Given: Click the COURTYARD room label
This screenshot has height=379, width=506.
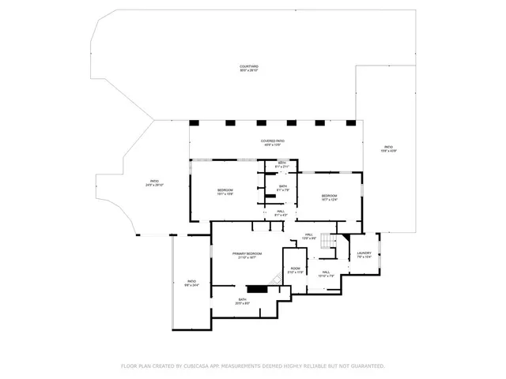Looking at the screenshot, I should click(x=250, y=69).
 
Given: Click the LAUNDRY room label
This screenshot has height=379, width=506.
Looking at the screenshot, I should click(x=364, y=254).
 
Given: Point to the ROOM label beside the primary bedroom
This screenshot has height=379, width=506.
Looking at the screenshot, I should click(x=295, y=270).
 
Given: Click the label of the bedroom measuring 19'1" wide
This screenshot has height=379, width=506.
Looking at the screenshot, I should click(x=225, y=192).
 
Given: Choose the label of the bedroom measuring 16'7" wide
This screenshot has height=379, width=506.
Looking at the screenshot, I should click(x=329, y=197).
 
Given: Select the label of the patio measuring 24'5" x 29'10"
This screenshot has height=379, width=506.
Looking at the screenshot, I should click(x=154, y=183).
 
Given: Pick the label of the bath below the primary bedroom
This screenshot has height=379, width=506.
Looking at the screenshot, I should click(x=243, y=301).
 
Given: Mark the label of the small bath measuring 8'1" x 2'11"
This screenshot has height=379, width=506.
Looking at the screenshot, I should click(x=281, y=164).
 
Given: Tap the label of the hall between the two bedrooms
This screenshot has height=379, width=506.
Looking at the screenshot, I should click(x=281, y=212).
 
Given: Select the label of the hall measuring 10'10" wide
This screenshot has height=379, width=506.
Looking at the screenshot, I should click(x=326, y=273).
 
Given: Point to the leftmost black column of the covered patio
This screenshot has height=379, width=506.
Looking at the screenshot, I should click(x=194, y=122).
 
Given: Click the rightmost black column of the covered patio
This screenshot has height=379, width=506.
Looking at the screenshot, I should click(x=350, y=122).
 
